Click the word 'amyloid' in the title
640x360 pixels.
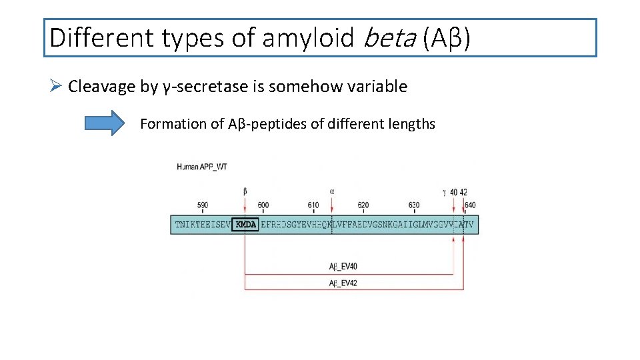tap(307, 38)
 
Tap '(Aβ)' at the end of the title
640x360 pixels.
tap(447, 38)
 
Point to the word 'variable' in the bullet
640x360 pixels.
tap(377, 87)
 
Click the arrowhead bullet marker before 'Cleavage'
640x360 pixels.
tap(56, 87)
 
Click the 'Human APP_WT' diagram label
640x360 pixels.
tap(202, 167)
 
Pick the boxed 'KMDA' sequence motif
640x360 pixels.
tap(245, 225)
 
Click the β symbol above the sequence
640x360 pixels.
tap(246, 191)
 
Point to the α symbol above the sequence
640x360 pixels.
tap(332, 191)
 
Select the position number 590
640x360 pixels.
tap(203, 205)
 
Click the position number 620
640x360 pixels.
tap(363, 205)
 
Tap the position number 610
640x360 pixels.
tap(313, 205)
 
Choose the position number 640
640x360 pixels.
tap(470, 205)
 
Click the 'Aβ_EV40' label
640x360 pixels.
tap(343, 267)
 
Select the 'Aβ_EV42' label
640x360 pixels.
tap(343, 283)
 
